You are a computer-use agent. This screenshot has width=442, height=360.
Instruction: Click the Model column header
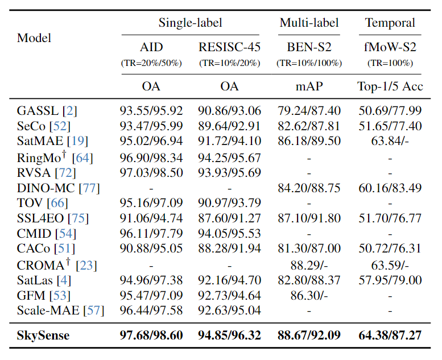[34, 38]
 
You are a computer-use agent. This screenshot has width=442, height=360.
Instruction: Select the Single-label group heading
[190, 23]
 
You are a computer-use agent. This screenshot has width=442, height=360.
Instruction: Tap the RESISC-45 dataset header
[229, 47]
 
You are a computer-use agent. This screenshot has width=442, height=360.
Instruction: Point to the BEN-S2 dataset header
[309, 47]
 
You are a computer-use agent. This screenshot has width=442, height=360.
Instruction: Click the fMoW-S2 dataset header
[390, 47]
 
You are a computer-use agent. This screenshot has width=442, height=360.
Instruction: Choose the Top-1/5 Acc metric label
[390, 86]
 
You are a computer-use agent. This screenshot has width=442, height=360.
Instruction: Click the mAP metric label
[309, 86]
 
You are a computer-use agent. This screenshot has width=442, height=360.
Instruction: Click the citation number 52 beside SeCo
[60, 126]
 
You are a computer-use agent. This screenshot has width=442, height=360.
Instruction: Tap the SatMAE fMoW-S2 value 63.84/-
[390, 140]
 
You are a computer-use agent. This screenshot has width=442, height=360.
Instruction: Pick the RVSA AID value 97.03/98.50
[151, 172]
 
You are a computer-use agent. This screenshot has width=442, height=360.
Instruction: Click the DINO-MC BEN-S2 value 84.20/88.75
[309, 188]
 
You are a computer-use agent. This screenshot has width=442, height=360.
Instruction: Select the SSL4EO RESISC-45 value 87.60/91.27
[229, 218]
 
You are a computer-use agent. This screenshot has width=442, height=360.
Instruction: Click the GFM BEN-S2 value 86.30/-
[309, 295]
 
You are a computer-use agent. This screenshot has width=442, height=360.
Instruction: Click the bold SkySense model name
[43, 336]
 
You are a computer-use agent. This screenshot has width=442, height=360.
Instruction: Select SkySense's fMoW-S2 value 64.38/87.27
[390, 335]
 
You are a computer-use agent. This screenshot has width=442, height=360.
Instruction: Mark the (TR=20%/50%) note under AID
[151, 63]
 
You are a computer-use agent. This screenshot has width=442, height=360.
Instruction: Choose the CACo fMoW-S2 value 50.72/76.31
[390, 249]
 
